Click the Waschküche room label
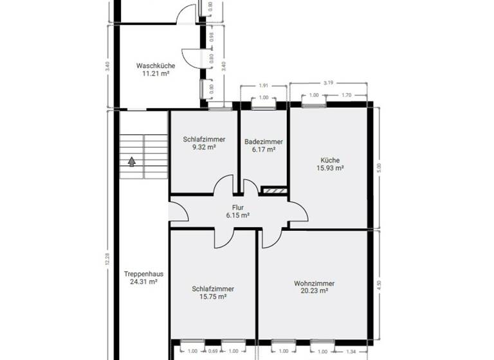pyautogui.click(x=155, y=66)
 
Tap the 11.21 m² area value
pyautogui.click(x=155, y=74)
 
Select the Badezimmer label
pyautogui.click(x=263, y=141)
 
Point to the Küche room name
pyautogui.click(x=330, y=160)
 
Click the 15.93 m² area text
pyautogui.click(x=330, y=168)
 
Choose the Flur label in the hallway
pyautogui.click(x=237, y=208)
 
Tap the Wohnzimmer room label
pyautogui.click(x=314, y=283)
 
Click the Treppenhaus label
pyautogui.click(x=143, y=273)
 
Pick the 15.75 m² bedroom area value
pyautogui.click(x=213, y=297)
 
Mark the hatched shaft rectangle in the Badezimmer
pyautogui.click(x=273, y=190)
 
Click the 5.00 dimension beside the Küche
pyautogui.click(x=380, y=168)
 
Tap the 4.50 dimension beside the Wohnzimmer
pyautogui.click(x=380, y=283)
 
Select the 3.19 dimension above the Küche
pyautogui.click(x=328, y=82)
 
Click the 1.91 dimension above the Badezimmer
pyautogui.click(x=263, y=85)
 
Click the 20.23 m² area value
pyautogui.click(x=314, y=291)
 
